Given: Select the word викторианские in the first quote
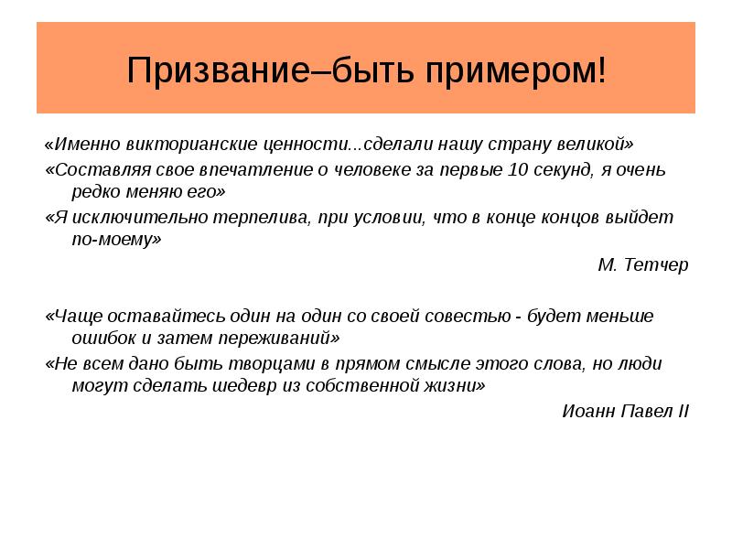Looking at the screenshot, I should (182, 145).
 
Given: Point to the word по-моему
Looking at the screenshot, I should (116, 241).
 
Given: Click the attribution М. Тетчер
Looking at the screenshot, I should (642, 265).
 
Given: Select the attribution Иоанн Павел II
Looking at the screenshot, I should (626, 410).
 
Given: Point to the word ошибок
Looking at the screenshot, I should (101, 339).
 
